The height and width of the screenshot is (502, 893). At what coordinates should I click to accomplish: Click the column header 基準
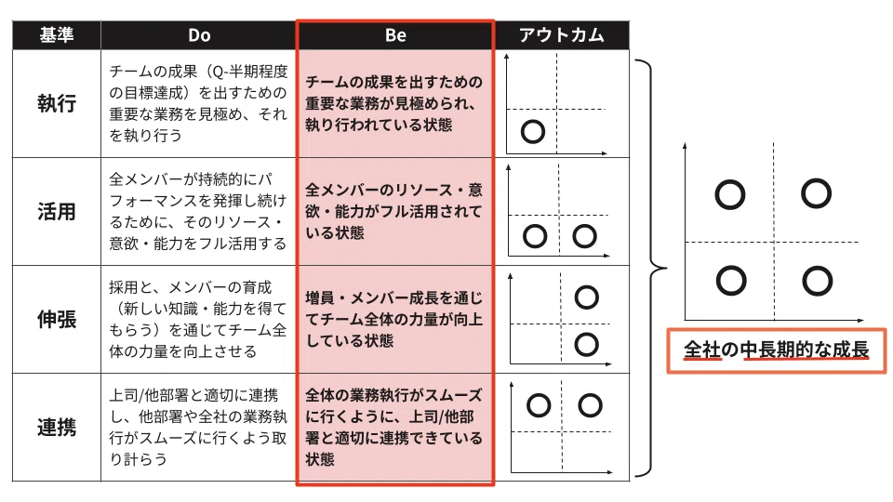tap(57, 35)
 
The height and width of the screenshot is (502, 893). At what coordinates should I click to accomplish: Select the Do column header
tap(199, 35)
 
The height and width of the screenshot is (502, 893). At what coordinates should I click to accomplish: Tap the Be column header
tap(395, 35)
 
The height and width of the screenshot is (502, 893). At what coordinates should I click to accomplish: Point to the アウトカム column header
tap(562, 35)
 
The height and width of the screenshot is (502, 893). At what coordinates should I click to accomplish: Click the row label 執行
tap(57, 103)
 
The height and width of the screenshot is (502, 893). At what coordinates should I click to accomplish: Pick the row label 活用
tap(57, 212)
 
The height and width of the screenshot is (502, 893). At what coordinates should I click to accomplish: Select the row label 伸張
tap(57, 319)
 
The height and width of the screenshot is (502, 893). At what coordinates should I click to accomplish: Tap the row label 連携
tap(57, 428)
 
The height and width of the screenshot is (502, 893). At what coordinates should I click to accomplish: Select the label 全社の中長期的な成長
tap(776, 350)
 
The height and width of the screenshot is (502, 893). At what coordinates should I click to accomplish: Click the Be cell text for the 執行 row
tap(394, 103)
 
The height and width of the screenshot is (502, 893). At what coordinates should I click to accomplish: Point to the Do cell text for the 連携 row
tap(198, 427)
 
